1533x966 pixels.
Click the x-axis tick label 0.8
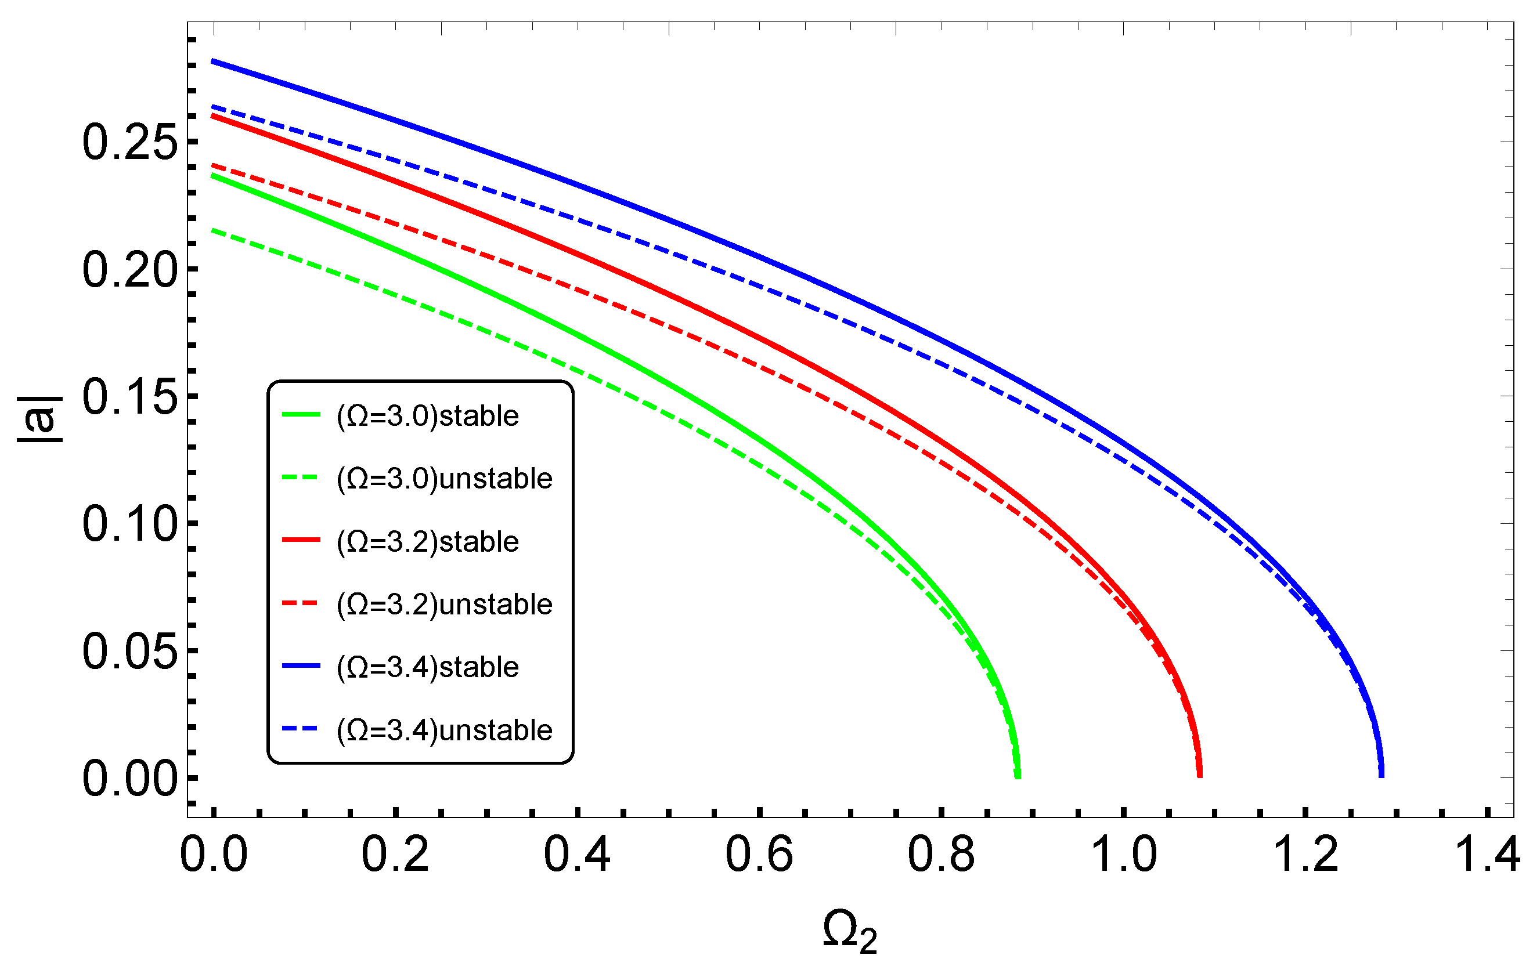941,855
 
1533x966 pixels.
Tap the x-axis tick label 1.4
1487,855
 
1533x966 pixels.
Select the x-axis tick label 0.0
214,855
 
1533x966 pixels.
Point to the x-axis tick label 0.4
578,855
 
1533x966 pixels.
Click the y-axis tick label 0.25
129,142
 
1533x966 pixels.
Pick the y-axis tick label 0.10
129,524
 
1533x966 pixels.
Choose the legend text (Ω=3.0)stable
428,416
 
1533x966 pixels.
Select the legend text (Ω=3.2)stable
428,541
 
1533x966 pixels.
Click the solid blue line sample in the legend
301,666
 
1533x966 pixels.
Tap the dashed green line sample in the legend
301,478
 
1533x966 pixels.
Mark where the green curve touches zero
1018,777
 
